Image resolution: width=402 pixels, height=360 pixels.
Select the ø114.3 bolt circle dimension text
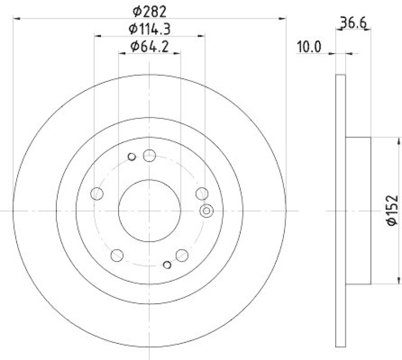(150, 29)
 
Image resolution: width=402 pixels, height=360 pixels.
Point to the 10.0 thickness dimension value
(310, 47)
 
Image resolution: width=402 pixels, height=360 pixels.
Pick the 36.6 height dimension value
(353, 23)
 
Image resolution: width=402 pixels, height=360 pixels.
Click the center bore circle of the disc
(149, 210)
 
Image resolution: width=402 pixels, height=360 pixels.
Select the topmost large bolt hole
(149, 156)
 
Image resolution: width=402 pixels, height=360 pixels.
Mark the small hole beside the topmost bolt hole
(132, 157)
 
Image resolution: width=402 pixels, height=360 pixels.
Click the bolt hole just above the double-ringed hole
(202, 193)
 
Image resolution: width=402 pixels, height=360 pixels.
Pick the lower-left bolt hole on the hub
(117, 255)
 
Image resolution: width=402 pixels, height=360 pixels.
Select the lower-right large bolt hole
(182, 255)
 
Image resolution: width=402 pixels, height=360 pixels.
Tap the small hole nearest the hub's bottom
(168, 264)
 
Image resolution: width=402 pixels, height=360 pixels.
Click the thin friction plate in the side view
(340, 210)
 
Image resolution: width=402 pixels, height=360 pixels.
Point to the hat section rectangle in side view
(358, 210)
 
